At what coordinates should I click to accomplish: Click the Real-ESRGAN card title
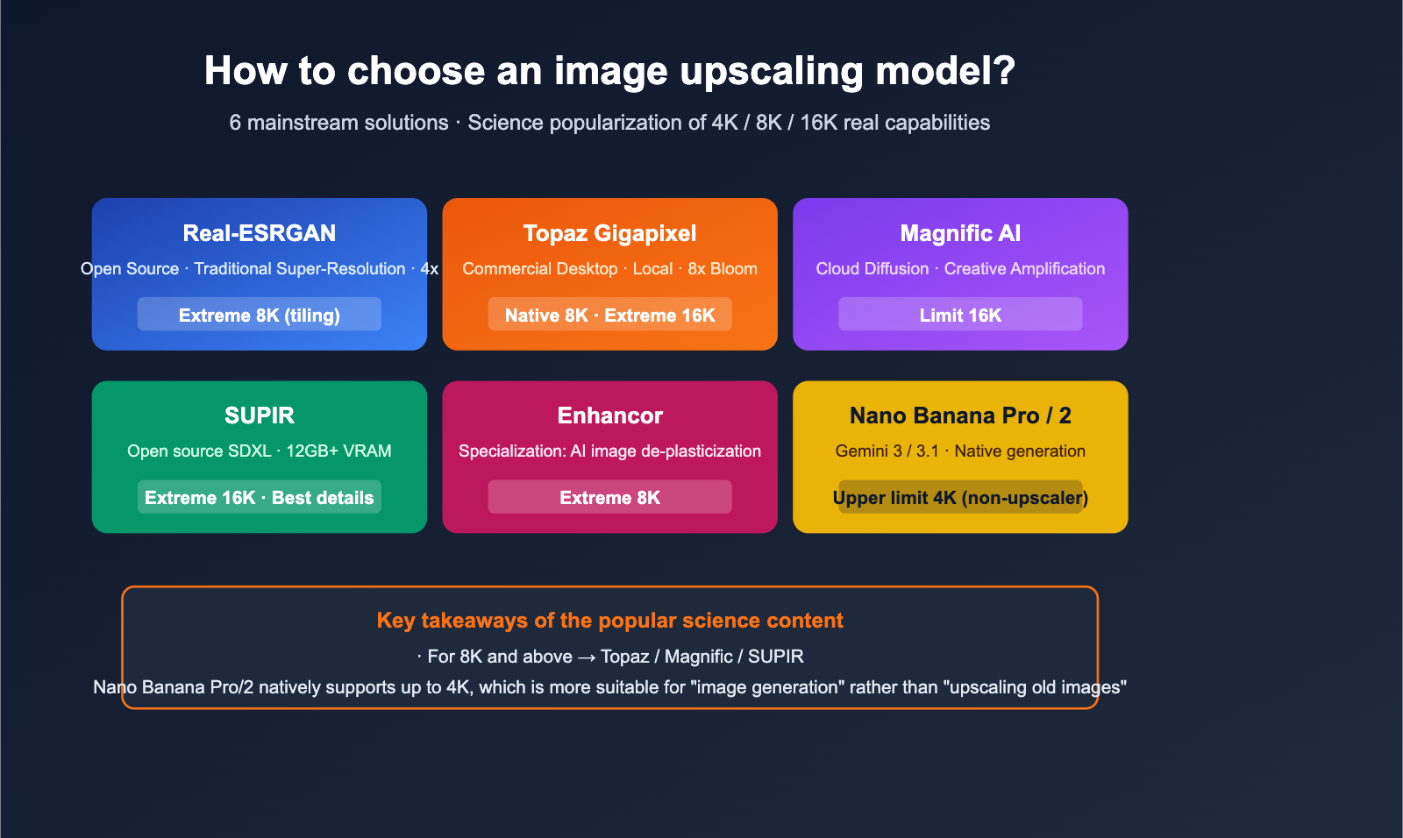click(260, 233)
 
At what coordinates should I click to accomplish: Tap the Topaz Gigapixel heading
click(609, 233)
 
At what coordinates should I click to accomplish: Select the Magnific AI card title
click(960, 233)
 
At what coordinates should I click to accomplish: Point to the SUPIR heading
click(260, 415)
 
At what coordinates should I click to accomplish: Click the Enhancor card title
click(609, 415)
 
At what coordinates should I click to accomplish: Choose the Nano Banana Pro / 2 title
click(960, 415)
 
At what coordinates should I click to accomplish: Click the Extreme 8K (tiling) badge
click(260, 315)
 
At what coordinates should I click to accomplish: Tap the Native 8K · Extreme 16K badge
click(609, 315)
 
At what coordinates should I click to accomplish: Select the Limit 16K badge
click(960, 315)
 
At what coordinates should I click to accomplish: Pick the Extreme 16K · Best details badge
click(260, 497)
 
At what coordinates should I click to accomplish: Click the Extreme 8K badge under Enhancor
click(609, 497)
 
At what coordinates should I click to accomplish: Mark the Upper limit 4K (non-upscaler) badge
click(960, 497)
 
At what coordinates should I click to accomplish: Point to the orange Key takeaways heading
click(609, 621)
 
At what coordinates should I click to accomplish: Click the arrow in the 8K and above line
click(587, 657)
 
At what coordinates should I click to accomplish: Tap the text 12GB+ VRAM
click(338, 451)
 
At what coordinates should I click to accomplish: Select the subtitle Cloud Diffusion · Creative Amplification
click(960, 269)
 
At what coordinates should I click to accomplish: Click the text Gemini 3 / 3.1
click(887, 451)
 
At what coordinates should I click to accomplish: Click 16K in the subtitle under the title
click(819, 123)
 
